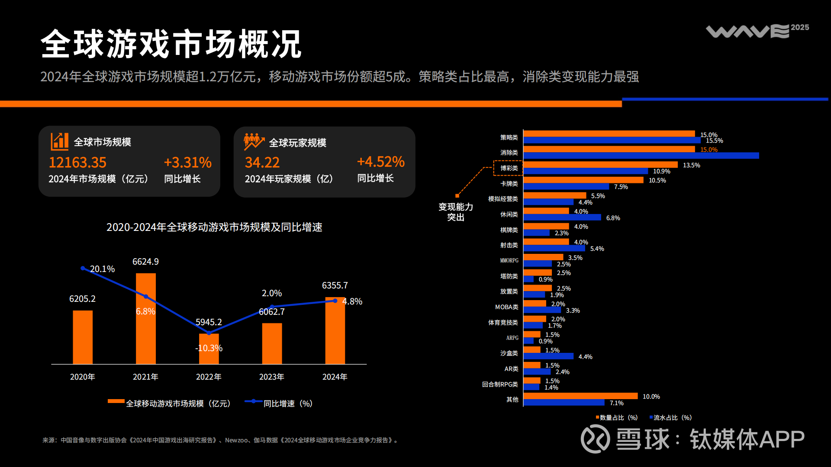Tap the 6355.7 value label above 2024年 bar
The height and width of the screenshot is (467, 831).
point(335,285)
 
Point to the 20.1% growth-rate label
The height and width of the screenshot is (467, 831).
point(102,269)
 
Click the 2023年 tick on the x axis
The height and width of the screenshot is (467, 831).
point(271,377)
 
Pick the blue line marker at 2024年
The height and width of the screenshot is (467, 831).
point(335,301)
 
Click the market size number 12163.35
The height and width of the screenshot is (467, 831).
point(77,163)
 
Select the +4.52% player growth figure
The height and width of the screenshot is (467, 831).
point(380,162)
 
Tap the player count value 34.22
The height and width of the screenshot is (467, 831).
point(262,163)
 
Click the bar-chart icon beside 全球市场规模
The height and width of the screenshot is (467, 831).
point(59,141)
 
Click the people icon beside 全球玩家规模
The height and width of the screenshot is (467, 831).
point(254,142)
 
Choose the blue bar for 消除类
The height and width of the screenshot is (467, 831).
point(641,156)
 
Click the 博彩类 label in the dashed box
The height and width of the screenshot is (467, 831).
point(509,168)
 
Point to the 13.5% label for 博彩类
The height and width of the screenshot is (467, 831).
point(691,165)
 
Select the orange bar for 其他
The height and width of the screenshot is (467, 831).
point(580,396)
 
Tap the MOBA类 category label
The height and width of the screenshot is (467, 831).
point(506,307)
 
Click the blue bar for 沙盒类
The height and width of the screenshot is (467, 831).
point(548,356)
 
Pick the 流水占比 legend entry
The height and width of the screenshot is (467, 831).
point(671,418)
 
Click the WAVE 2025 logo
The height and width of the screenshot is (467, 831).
point(757,31)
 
